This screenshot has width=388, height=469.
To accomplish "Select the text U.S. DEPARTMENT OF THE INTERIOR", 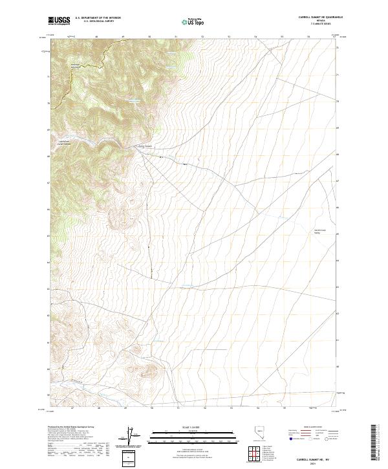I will pos(98,18).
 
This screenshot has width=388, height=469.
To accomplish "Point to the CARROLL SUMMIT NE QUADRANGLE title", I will pos(316,17).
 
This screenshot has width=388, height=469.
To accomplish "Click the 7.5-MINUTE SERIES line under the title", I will pos(318,25).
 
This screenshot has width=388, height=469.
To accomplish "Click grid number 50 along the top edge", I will pos(149,37).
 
